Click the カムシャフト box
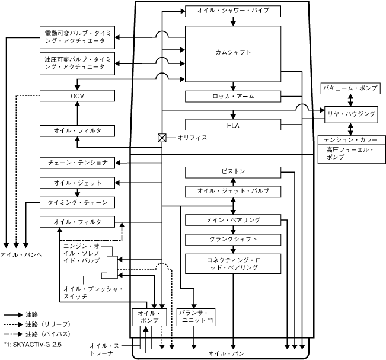click(x=232, y=53)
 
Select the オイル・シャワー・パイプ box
click(x=232, y=11)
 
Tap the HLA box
click(x=232, y=125)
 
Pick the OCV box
click(x=78, y=95)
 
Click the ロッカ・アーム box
click(x=232, y=96)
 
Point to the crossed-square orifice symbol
click(x=161, y=138)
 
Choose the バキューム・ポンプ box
click(x=350, y=88)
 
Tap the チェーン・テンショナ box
click(x=78, y=163)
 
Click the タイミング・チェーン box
click(x=78, y=202)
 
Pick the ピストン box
click(x=232, y=172)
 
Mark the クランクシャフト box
click(x=232, y=240)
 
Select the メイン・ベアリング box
click(x=232, y=220)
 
